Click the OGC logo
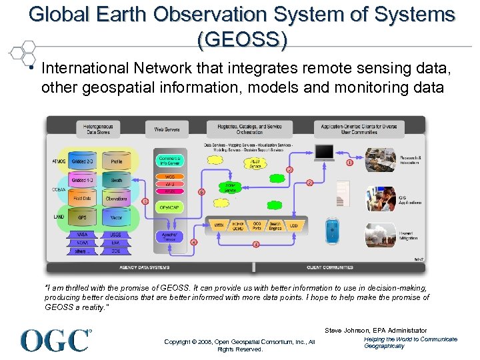click(x=56, y=340)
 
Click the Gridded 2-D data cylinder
click(x=83, y=161)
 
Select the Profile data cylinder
click(x=116, y=161)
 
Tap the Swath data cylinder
click(x=116, y=181)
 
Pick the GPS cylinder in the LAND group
click(x=83, y=217)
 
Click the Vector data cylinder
click(x=116, y=217)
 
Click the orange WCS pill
click(x=169, y=177)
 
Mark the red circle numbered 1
click(x=349, y=163)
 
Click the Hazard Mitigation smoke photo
click(x=381, y=234)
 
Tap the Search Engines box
click(x=275, y=226)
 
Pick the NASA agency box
click(x=82, y=235)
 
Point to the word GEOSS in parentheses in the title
click(x=242, y=40)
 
